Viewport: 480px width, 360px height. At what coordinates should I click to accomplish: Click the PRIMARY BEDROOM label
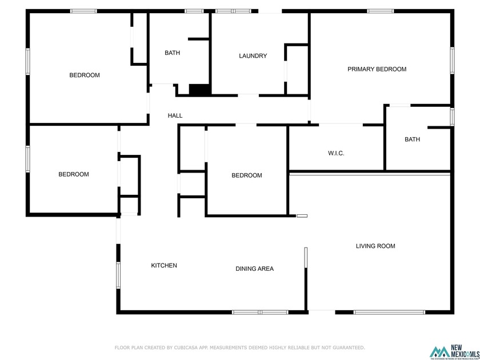click(x=377, y=69)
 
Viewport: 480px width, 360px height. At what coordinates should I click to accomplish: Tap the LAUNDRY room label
click(x=253, y=56)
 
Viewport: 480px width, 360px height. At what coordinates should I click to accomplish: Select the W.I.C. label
click(x=336, y=153)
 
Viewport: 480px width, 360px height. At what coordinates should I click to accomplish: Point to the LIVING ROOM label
click(x=375, y=246)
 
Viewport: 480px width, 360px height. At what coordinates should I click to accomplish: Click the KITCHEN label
click(x=164, y=265)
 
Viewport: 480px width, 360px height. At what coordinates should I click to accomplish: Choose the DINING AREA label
click(x=254, y=269)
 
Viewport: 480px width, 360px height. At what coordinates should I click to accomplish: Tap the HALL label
click(x=175, y=115)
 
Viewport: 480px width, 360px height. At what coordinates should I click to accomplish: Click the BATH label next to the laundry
click(x=172, y=53)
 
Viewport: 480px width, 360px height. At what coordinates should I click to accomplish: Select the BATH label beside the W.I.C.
click(x=412, y=139)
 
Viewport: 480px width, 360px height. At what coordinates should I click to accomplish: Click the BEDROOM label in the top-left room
click(x=85, y=75)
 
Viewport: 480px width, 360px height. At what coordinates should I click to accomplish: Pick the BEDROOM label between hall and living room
click(x=246, y=175)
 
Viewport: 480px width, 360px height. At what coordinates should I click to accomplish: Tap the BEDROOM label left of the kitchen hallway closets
click(x=74, y=174)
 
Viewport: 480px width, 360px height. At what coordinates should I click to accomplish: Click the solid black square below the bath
click(x=199, y=90)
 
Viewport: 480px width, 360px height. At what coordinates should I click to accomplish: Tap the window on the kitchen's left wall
click(x=118, y=274)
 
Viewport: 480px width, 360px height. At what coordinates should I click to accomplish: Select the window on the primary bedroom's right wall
click(x=451, y=61)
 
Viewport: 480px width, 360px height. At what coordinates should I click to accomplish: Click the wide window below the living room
click(x=389, y=312)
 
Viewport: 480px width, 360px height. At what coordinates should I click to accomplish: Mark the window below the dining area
click(x=260, y=312)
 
